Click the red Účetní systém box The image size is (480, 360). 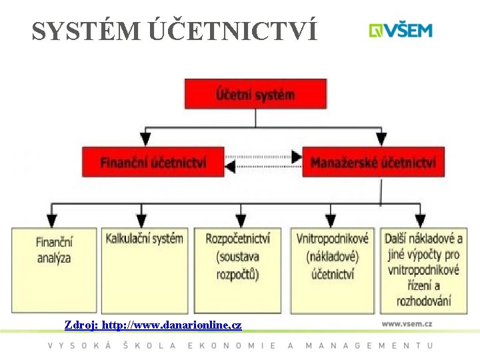(255, 94)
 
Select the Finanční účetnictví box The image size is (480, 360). (153, 162)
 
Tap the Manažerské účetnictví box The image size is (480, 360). (373, 162)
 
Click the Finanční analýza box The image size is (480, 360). (54, 270)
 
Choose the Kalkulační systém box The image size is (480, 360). (144, 270)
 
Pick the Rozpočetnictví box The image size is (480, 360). (238, 270)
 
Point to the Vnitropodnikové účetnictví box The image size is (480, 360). (332, 270)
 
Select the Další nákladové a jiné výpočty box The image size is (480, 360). (423, 270)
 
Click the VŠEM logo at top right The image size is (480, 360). (401, 31)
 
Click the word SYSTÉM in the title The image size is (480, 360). (84, 31)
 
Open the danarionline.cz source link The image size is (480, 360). (153, 325)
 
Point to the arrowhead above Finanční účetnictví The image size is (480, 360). (145, 139)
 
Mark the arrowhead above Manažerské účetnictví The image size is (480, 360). (381, 139)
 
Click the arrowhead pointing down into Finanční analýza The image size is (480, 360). (51, 220)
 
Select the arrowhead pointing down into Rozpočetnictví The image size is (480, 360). (241, 220)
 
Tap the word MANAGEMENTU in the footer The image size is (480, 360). (369, 345)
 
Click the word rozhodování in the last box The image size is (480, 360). (423, 301)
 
